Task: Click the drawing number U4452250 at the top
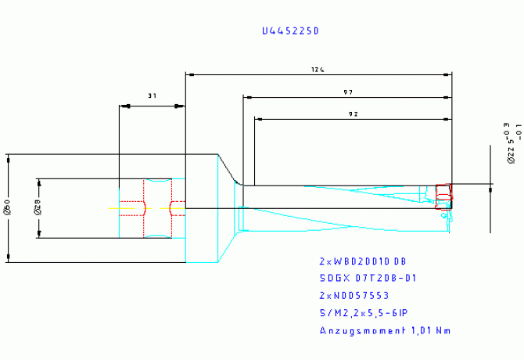pyautogui.click(x=291, y=31)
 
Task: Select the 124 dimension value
pyautogui.click(x=317, y=70)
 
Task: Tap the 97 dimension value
pyautogui.click(x=347, y=92)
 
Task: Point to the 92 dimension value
pyautogui.click(x=353, y=114)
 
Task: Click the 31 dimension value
pyautogui.click(x=152, y=95)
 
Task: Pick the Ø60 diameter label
pyautogui.click(x=7, y=208)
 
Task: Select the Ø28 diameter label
pyautogui.click(x=37, y=208)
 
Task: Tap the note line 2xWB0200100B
pyautogui.click(x=363, y=261)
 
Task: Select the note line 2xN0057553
pyautogui.click(x=354, y=295)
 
